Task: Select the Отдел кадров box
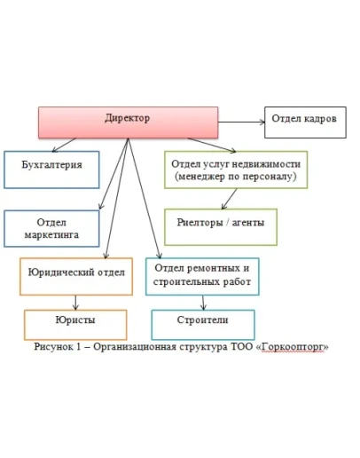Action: pos(302,120)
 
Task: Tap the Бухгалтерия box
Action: pos(51,170)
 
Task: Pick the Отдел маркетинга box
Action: pos(51,228)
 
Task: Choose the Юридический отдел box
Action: pos(77,274)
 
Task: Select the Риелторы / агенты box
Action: pos(220,225)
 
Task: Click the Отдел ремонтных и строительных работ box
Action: pos(203,275)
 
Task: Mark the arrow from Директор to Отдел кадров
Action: pos(241,119)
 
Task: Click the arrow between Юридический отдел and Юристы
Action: pos(76,302)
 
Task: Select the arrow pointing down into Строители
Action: pos(202,302)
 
